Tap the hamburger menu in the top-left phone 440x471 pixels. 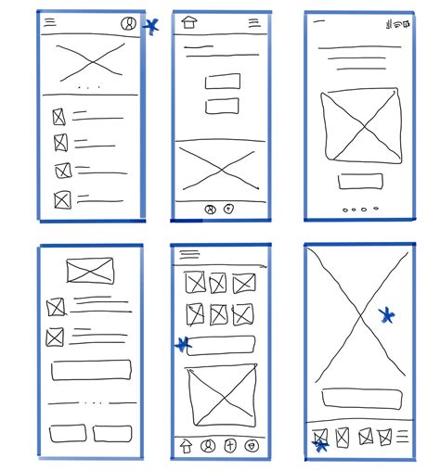tap(50, 21)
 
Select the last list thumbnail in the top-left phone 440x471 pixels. tap(62, 198)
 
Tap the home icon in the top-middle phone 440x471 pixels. tap(190, 23)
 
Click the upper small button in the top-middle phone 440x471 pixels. tap(223, 82)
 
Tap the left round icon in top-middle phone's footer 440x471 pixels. tap(211, 210)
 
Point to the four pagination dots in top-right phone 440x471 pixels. tap(360, 210)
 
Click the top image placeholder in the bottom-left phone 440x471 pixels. tap(89, 272)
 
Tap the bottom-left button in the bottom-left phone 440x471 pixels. tap(68, 433)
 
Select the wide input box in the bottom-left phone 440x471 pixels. tap(91, 370)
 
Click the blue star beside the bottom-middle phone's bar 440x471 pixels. tap(182, 345)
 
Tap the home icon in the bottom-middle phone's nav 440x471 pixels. tap(186, 446)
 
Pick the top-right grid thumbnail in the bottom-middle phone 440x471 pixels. tap(243, 283)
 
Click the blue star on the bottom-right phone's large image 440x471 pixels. tap(387, 316)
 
